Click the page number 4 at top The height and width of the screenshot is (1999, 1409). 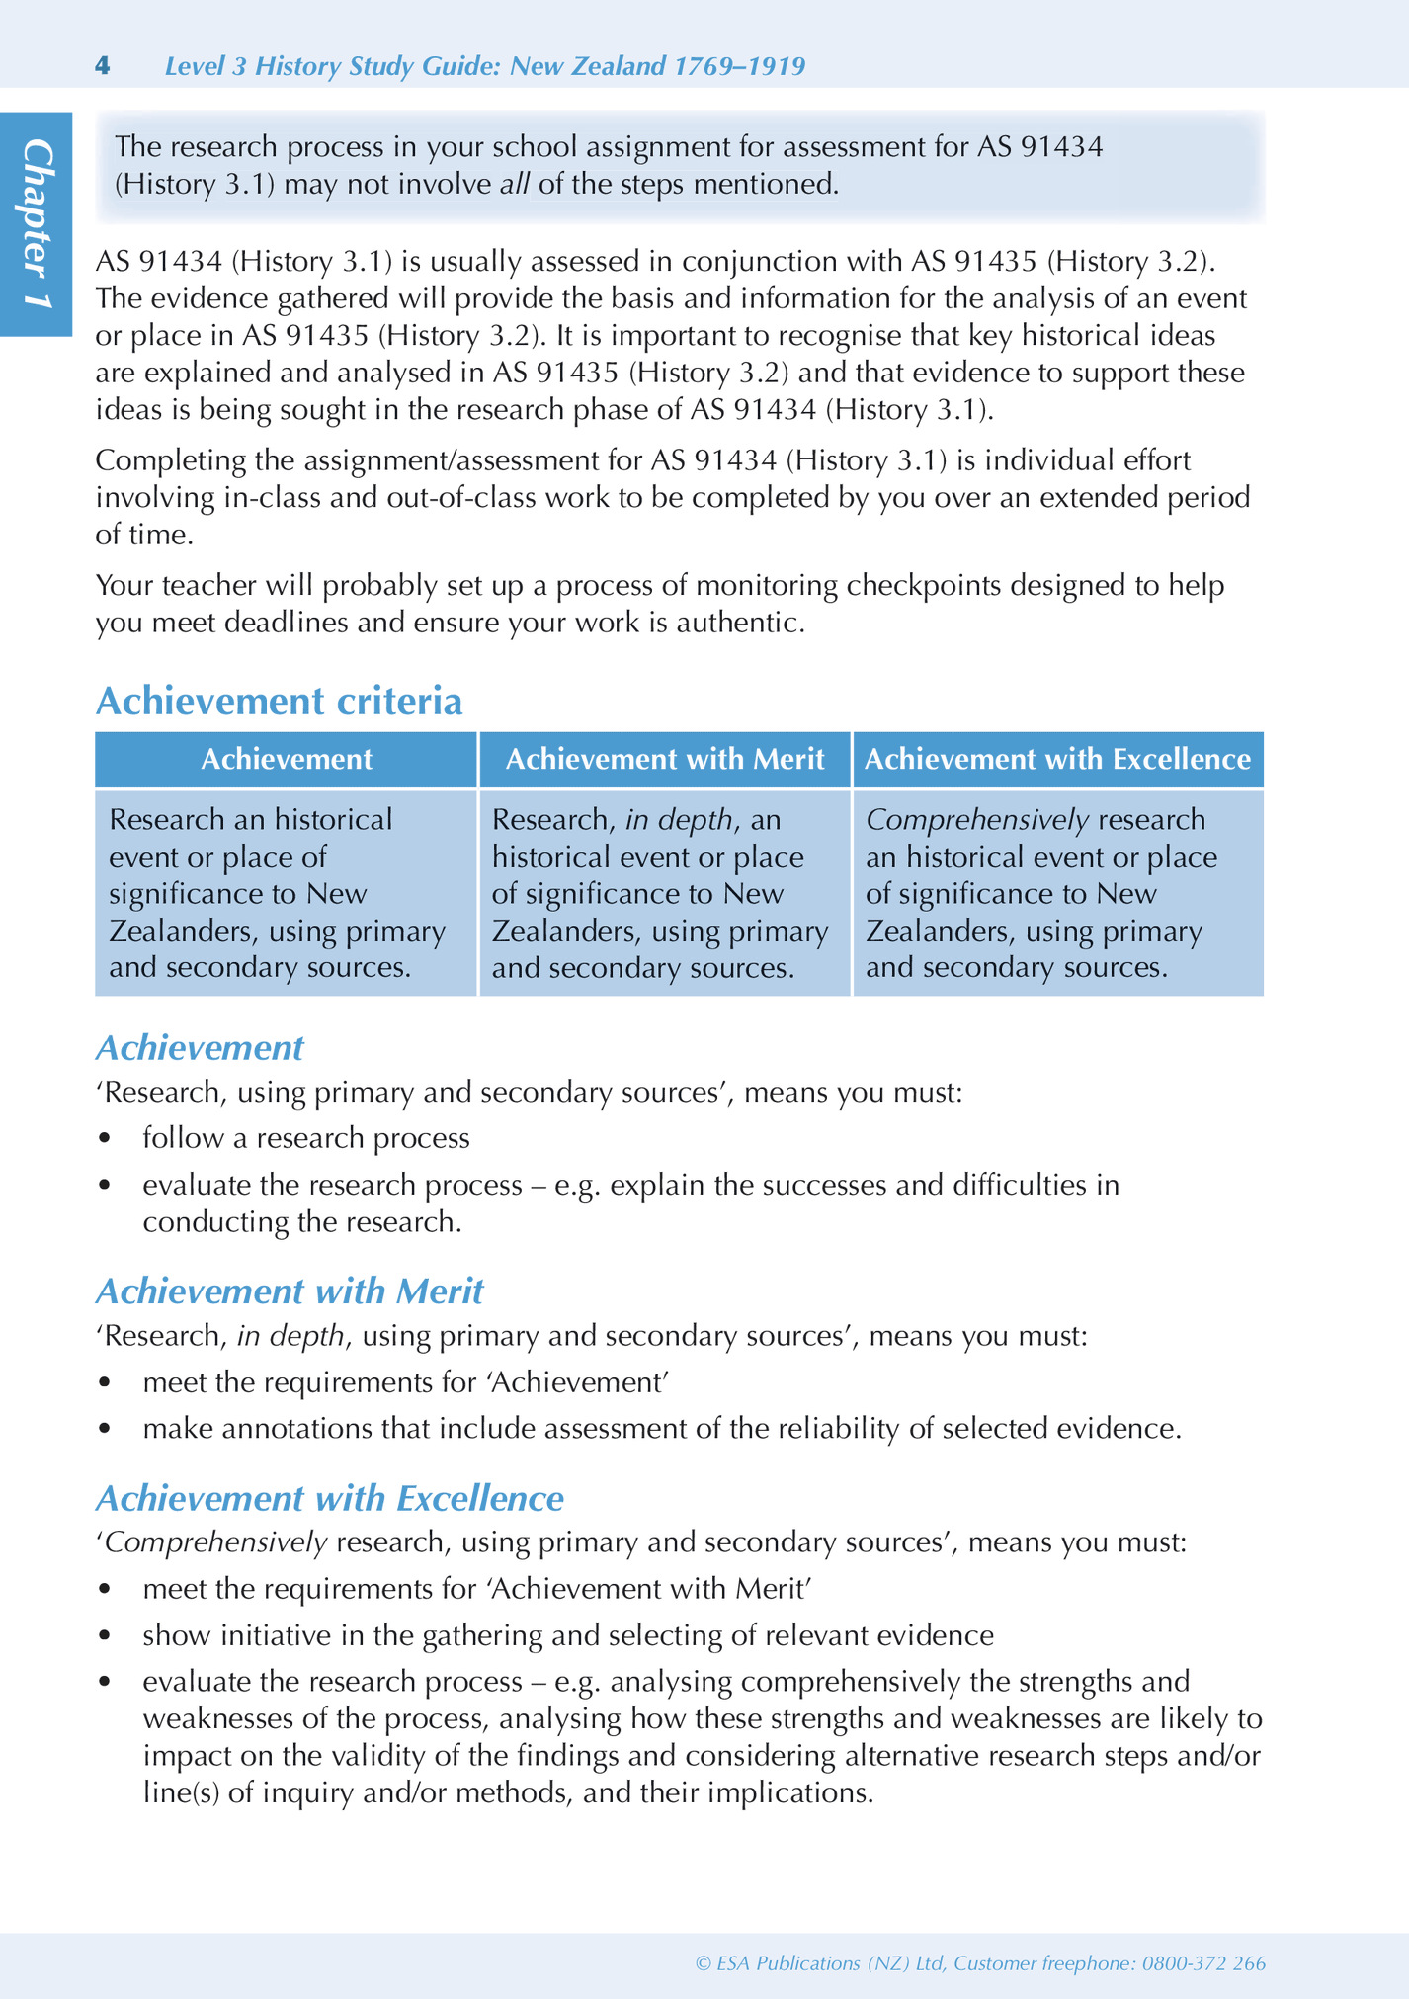pyautogui.click(x=102, y=66)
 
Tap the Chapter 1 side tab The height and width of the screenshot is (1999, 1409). pyautogui.click(x=37, y=224)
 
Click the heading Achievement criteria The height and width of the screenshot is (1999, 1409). pyautogui.click(x=279, y=701)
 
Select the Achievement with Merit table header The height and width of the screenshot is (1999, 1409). pyautogui.click(x=664, y=759)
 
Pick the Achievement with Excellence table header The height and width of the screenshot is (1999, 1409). pyautogui.click(x=1057, y=759)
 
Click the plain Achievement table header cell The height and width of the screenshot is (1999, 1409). pyautogui.click(x=287, y=759)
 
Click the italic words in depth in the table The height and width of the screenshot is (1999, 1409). pyautogui.click(x=679, y=819)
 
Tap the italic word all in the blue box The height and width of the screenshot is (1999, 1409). pyautogui.click(x=514, y=185)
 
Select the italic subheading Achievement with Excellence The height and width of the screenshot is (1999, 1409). pyautogui.click(x=329, y=1498)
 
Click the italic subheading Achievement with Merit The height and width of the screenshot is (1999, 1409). pyautogui.click(x=290, y=1291)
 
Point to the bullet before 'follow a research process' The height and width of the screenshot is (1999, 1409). pyautogui.click(x=105, y=1139)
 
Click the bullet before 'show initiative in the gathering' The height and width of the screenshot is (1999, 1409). pyautogui.click(x=105, y=1636)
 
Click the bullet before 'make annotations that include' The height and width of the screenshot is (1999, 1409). pyautogui.click(x=105, y=1430)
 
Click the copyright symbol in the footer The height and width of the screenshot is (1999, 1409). pyautogui.click(x=703, y=1964)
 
